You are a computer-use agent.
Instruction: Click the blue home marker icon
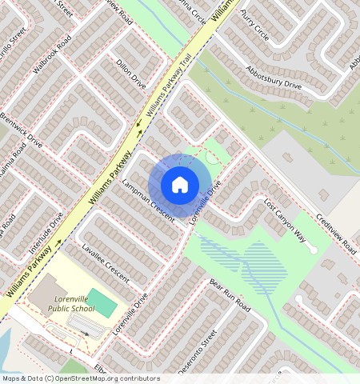click(x=180, y=185)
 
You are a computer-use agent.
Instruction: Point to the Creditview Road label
click(x=334, y=234)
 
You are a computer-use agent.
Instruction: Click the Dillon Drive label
click(x=131, y=72)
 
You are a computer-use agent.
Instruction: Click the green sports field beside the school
click(x=102, y=302)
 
